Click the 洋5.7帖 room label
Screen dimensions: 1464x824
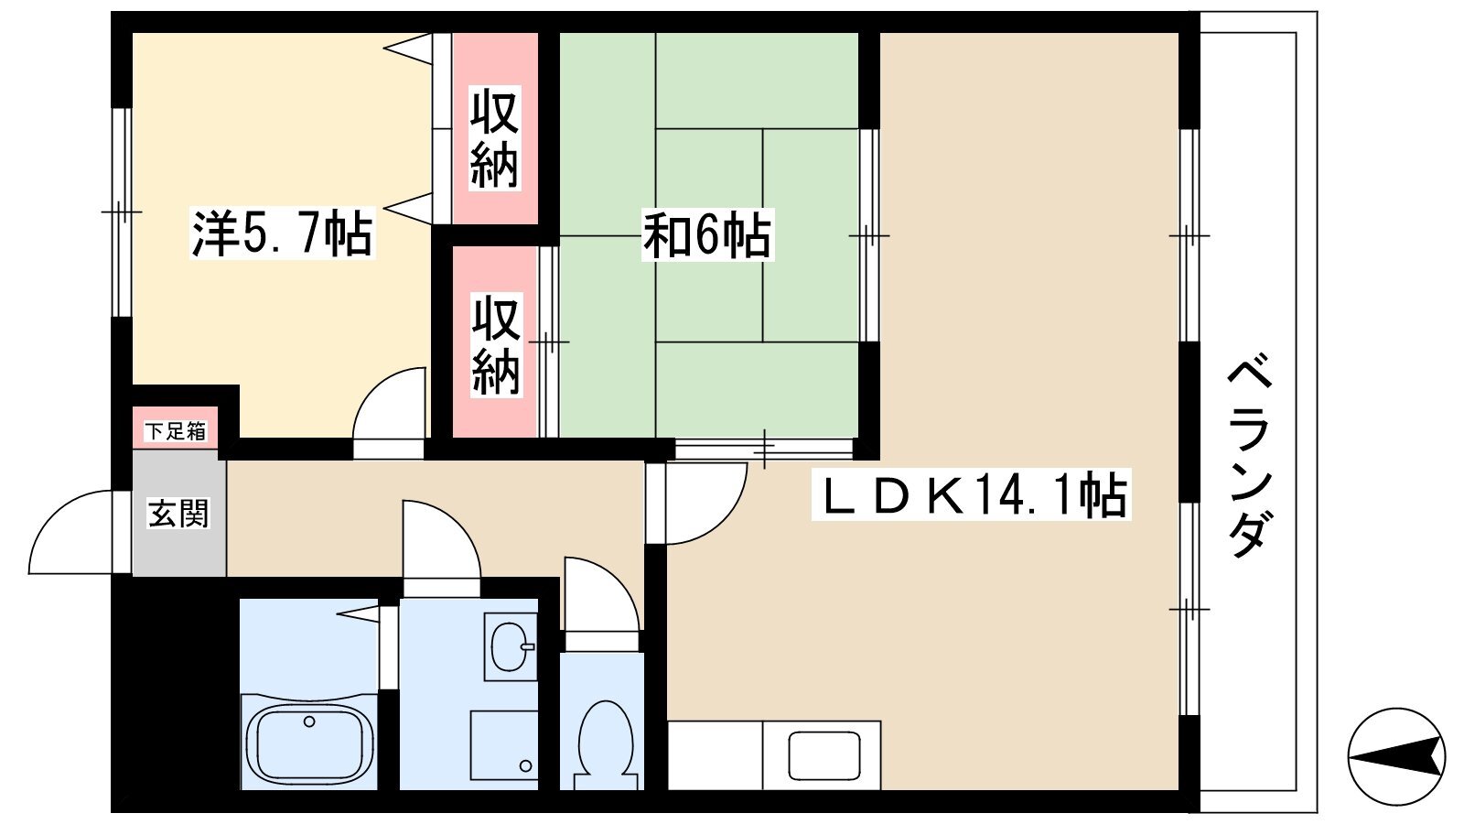click(283, 233)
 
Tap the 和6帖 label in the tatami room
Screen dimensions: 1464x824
click(707, 234)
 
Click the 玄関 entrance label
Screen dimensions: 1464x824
click(178, 513)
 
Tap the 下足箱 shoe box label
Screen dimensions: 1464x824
click(175, 431)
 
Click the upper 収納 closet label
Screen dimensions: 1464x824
click(495, 138)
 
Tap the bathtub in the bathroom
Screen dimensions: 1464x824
click(309, 743)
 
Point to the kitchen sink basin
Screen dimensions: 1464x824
click(823, 755)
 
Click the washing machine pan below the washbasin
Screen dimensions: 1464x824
click(504, 745)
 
